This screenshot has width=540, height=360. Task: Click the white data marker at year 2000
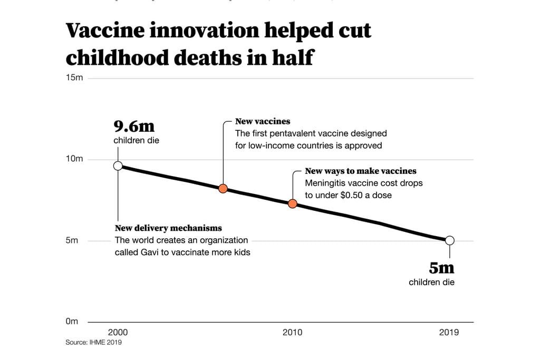[118, 166]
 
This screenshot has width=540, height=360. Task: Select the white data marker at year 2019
[449, 240]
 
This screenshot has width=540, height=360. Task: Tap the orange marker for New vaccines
[223, 189]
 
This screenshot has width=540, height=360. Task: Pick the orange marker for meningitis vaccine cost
[293, 203]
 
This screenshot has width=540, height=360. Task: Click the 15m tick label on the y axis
[74, 78]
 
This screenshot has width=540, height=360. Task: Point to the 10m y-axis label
[74, 159]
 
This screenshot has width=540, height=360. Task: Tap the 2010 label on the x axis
[292, 333]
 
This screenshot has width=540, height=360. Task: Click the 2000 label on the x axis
[118, 333]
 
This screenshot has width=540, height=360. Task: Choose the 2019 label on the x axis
[449, 333]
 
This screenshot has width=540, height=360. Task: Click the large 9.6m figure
[134, 127]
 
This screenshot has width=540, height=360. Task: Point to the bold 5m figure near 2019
[441, 268]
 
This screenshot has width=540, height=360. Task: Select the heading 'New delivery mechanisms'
[168, 228]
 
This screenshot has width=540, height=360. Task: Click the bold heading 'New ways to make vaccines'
[361, 171]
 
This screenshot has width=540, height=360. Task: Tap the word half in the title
[293, 57]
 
